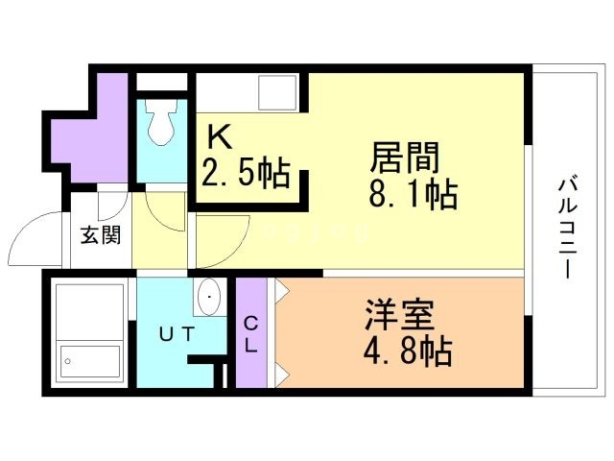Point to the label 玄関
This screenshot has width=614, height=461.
coord(99,235)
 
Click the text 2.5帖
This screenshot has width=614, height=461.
coord(246,174)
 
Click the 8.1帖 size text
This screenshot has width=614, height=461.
coord(413,195)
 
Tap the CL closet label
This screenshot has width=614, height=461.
coord(250,333)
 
